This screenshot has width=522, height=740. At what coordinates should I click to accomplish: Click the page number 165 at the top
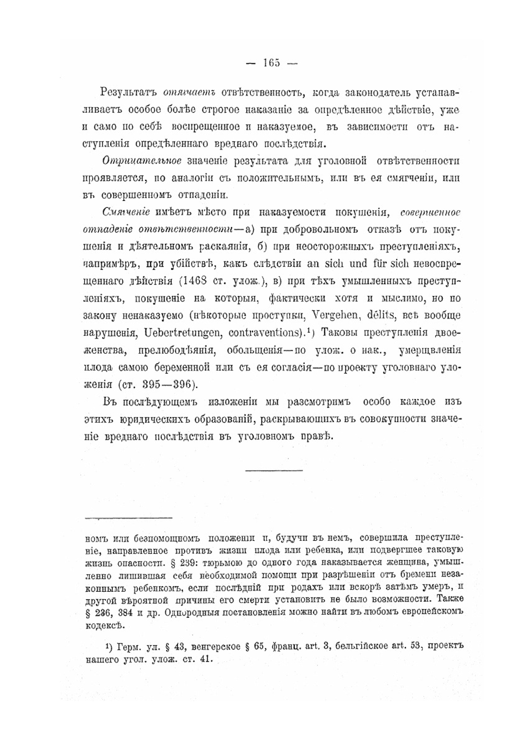[x=271, y=63]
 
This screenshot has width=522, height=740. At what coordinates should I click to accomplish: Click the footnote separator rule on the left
[x=128, y=518]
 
